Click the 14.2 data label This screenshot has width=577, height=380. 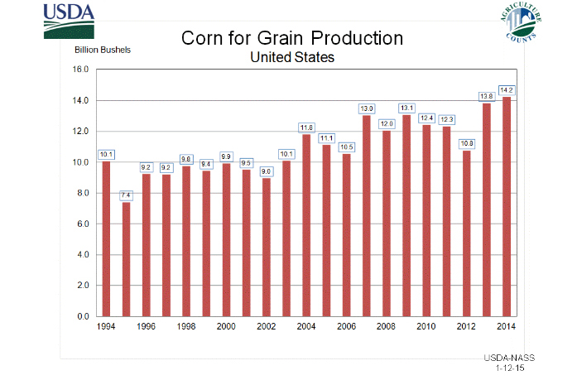(x=507, y=89)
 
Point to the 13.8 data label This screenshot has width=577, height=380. (x=487, y=96)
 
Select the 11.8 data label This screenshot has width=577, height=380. (x=306, y=127)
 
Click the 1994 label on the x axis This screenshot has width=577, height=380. (x=106, y=328)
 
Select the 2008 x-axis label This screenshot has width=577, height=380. (x=387, y=328)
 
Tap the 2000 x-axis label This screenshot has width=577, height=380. (x=226, y=328)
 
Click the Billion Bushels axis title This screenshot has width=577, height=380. (x=103, y=49)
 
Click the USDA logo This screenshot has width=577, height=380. (x=70, y=22)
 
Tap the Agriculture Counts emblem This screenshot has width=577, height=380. (x=522, y=24)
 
